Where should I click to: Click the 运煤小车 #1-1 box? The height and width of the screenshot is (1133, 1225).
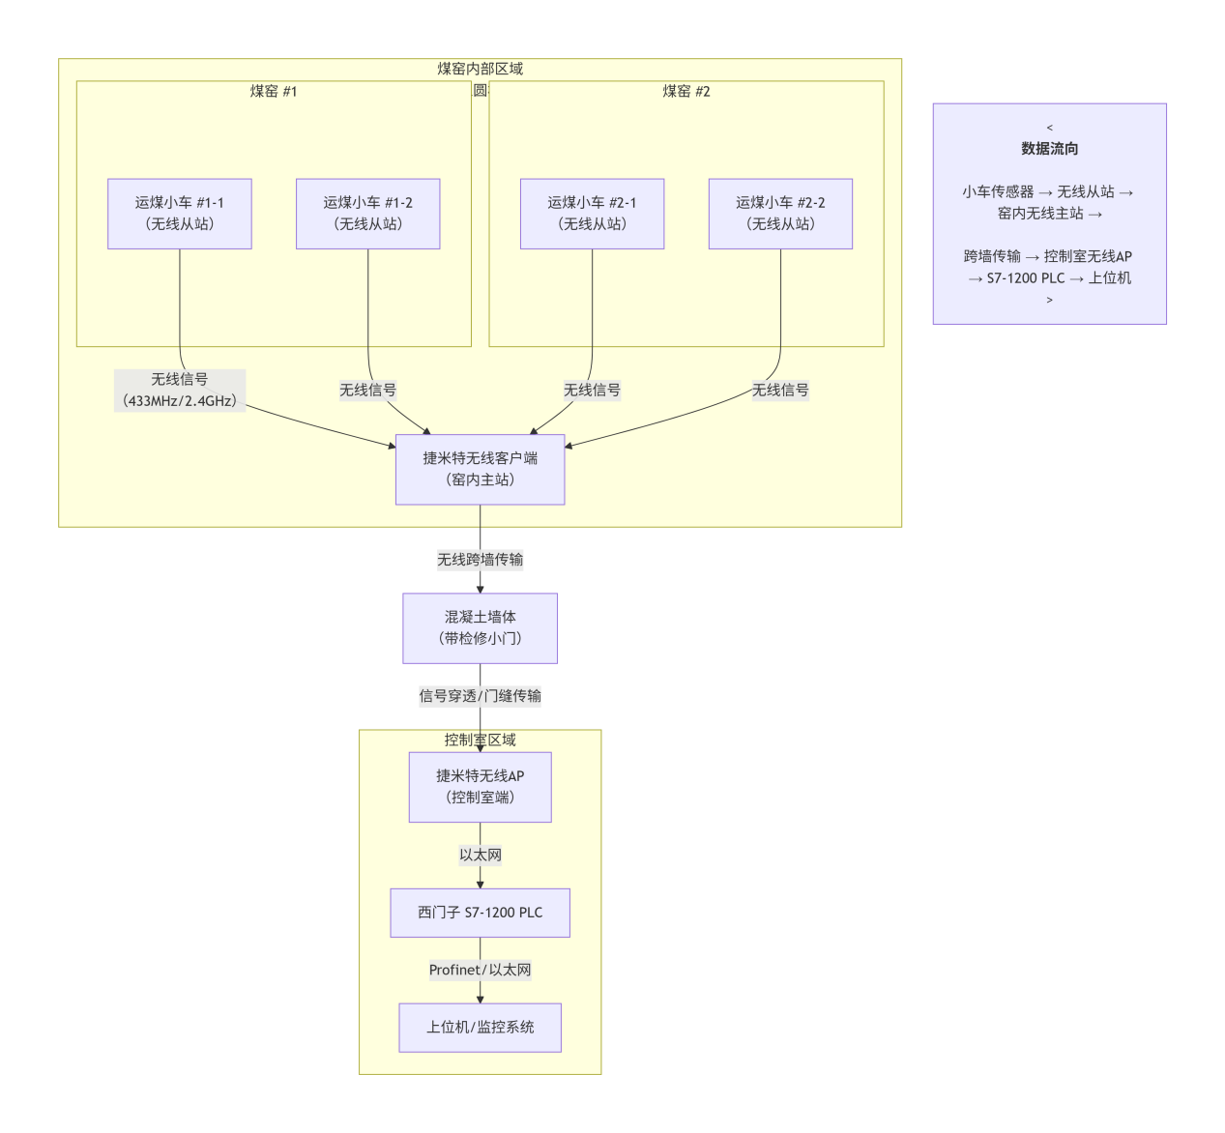point(180,214)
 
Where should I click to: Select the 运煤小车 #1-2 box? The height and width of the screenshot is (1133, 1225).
point(367,214)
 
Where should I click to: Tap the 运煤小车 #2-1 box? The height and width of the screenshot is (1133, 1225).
point(592,214)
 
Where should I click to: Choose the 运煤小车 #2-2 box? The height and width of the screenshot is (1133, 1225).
point(780,214)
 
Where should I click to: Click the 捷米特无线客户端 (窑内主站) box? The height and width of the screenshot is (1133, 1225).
point(480,469)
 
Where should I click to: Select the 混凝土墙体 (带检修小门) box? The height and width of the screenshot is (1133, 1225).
point(480,627)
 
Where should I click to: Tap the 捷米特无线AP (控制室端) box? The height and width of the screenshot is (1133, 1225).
point(480,787)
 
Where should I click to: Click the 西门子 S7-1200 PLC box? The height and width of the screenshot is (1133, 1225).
point(480,913)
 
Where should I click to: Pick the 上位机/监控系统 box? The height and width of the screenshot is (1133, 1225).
point(480,1027)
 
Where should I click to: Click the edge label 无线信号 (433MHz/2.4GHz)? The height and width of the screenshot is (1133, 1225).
point(180,391)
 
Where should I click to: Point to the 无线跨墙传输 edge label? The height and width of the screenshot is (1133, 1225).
point(480,560)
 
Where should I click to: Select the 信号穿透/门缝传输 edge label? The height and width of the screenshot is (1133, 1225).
point(480,696)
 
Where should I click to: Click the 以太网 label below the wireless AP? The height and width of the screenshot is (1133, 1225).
point(480,855)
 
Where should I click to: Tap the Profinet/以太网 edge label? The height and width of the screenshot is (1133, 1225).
point(480,970)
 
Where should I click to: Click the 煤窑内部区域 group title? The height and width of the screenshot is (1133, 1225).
point(480,69)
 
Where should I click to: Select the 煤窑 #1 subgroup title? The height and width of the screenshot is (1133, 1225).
point(274,91)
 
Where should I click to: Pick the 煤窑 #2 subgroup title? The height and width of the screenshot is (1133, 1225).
point(686,91)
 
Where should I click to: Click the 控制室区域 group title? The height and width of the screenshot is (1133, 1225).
point(480,740)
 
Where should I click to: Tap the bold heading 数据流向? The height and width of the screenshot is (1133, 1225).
point(1049,149)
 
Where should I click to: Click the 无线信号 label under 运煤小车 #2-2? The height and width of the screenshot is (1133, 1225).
point(780,391)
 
